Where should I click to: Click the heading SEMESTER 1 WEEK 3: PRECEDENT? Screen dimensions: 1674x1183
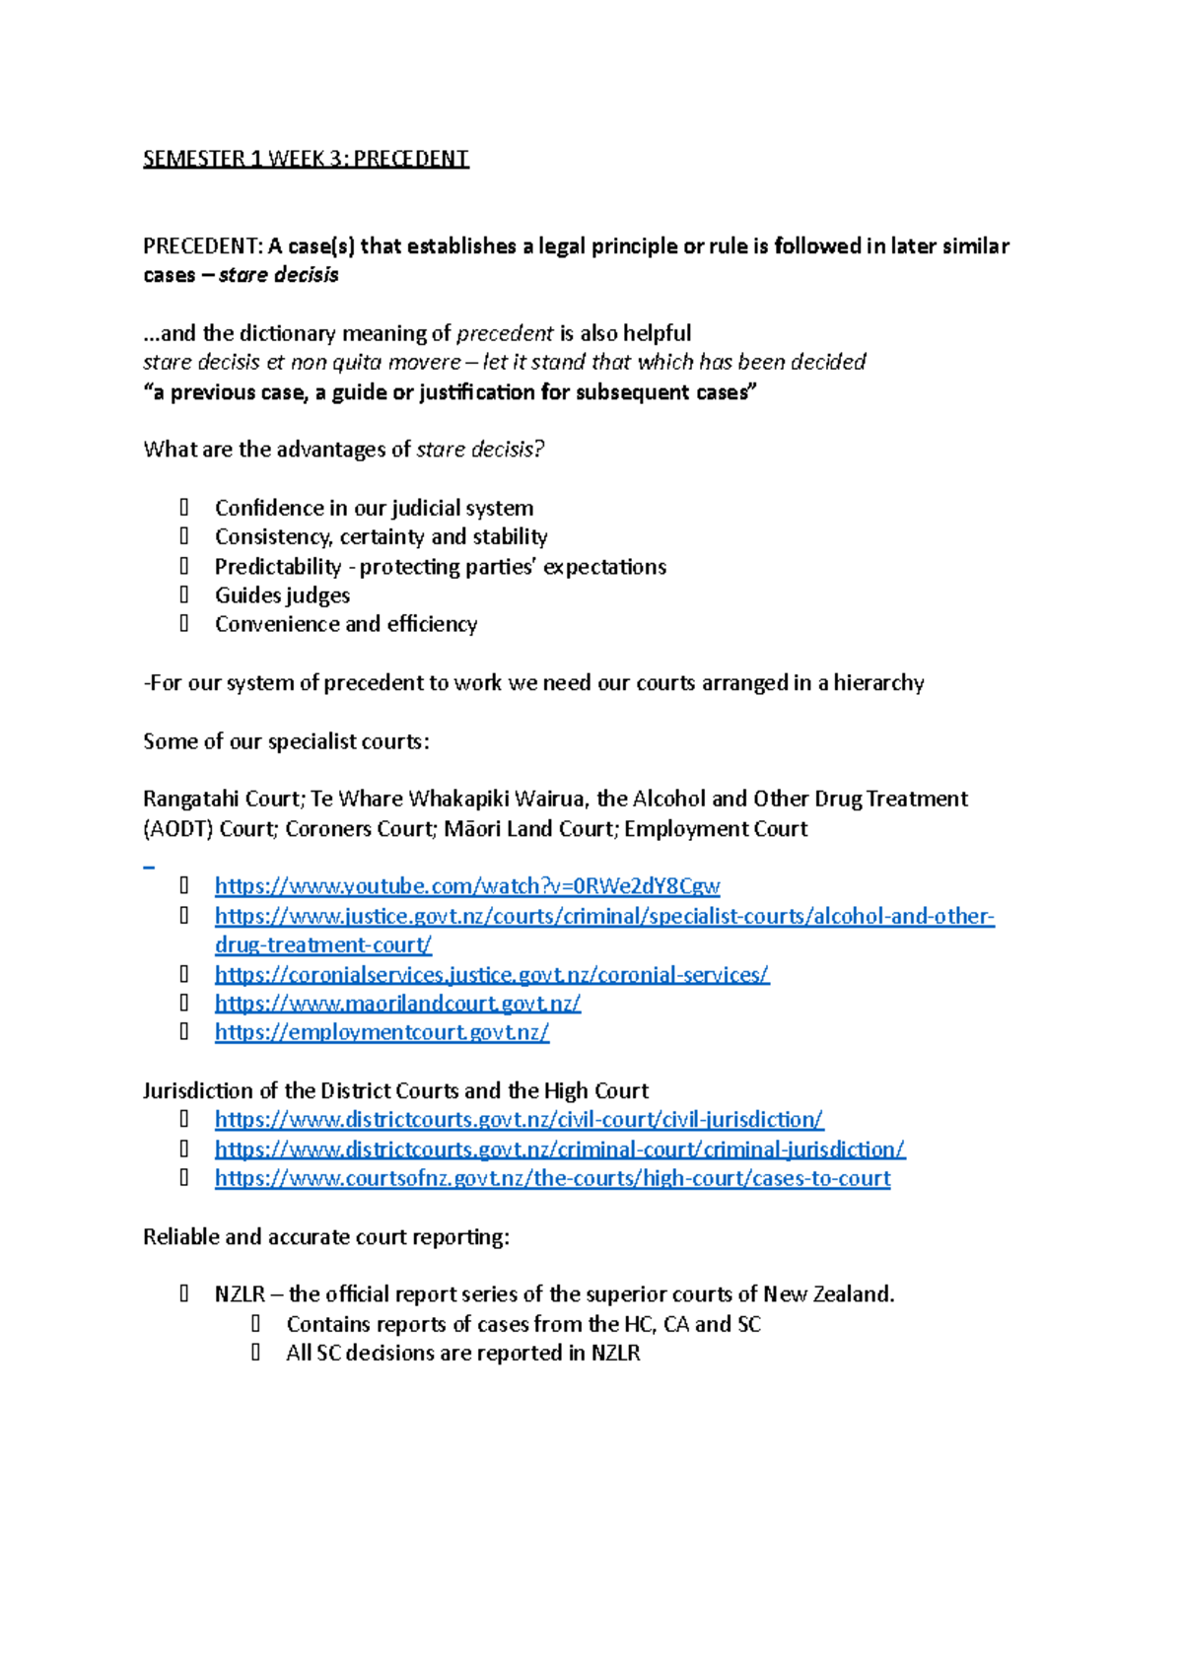(306, 159)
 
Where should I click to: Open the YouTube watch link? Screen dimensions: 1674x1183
(466, 885)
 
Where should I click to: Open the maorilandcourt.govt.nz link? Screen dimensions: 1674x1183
(397, 1003)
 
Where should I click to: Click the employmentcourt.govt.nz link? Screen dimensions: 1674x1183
(382, 1032)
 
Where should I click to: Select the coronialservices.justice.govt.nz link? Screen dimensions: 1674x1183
(491, 974)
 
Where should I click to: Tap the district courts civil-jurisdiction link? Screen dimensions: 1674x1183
(519, 1119)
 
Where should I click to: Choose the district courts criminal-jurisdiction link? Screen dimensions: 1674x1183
(559, 1149)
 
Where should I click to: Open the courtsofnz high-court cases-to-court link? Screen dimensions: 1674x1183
(552, 1178)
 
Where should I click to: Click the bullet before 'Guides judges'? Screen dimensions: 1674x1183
(184, 594)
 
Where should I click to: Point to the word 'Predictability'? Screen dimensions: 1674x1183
(278, 567)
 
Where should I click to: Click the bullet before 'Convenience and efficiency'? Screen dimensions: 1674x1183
(184, 623)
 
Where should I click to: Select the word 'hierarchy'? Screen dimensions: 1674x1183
(878, 682)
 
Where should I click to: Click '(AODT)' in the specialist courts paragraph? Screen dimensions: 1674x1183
(177, 828)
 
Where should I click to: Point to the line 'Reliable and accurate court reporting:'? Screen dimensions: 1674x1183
(325, 1236)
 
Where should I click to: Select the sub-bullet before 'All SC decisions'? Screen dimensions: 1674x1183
(256, 1353)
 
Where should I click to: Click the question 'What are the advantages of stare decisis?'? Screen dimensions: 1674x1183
(343, 450)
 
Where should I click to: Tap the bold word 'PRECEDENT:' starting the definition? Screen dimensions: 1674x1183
(203, 245)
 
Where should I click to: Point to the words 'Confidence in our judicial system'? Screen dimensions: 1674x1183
(374, 508)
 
